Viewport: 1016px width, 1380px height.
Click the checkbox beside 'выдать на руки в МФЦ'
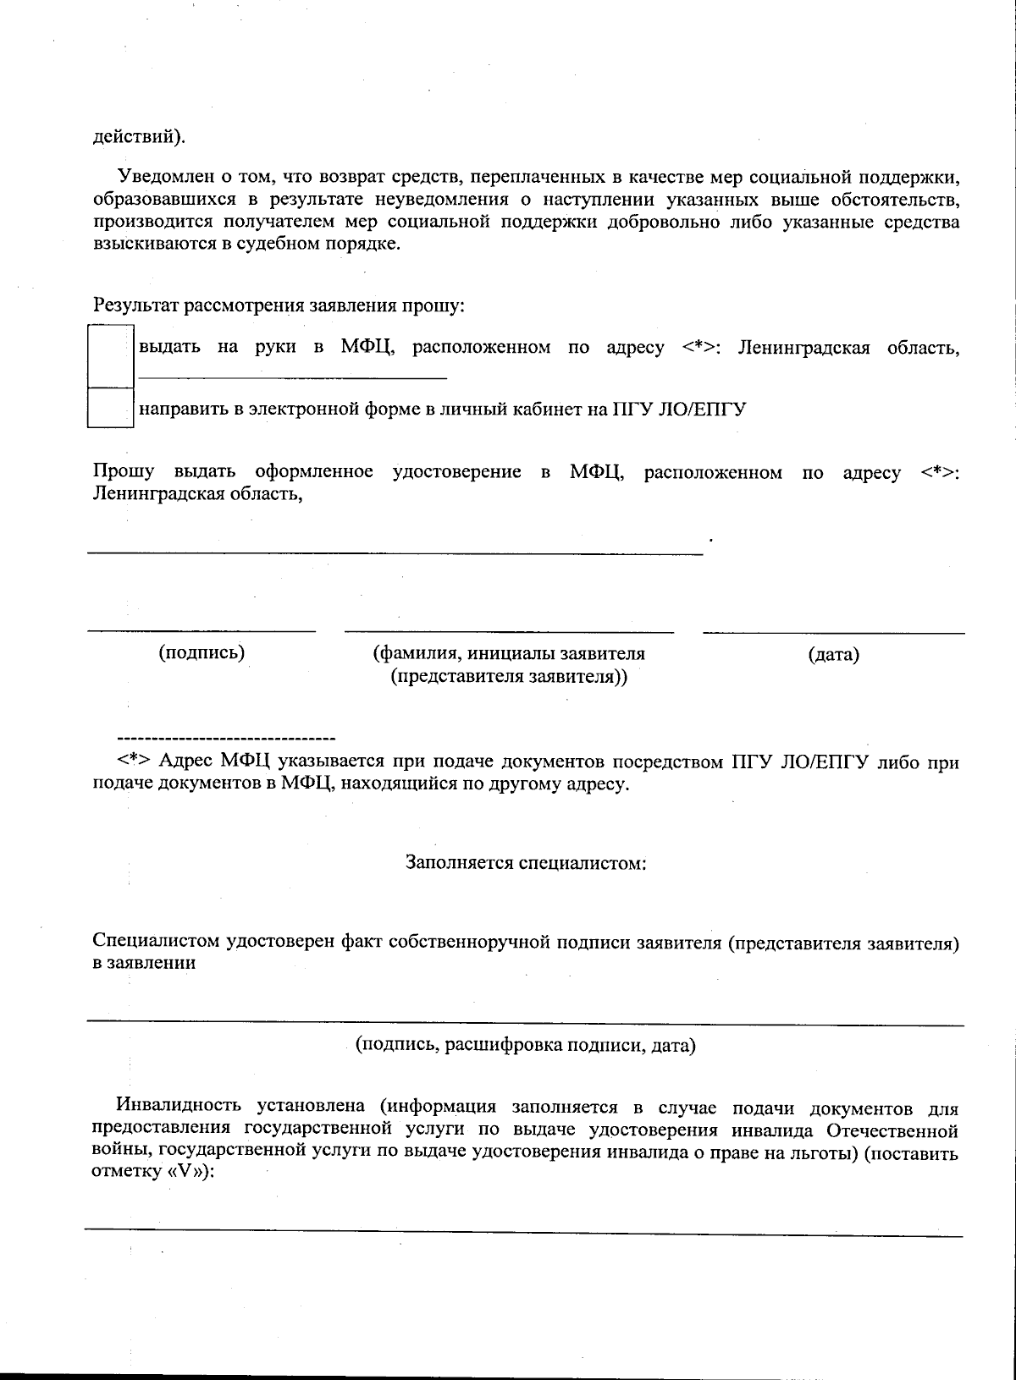tap(111, 355)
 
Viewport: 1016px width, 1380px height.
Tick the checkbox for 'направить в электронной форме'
tap(111, 408)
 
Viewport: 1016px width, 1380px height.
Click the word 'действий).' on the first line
tap(139, 136)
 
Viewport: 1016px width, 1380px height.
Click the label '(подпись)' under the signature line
tap(202, 652)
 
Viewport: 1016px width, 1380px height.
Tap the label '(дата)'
tap(833, 654)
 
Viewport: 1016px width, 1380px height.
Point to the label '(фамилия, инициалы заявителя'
tap(509, 653)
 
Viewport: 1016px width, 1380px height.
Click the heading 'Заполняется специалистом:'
tap(526, 863)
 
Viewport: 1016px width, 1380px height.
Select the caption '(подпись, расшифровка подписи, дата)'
tap(525, 1045)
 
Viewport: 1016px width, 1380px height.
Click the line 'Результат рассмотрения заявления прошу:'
tap(279, 305)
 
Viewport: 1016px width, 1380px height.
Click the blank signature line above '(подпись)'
tap(202, 630)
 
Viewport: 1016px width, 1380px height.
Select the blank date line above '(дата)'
tap(833, 632)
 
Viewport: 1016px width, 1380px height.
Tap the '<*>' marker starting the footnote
tap(135, 761)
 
